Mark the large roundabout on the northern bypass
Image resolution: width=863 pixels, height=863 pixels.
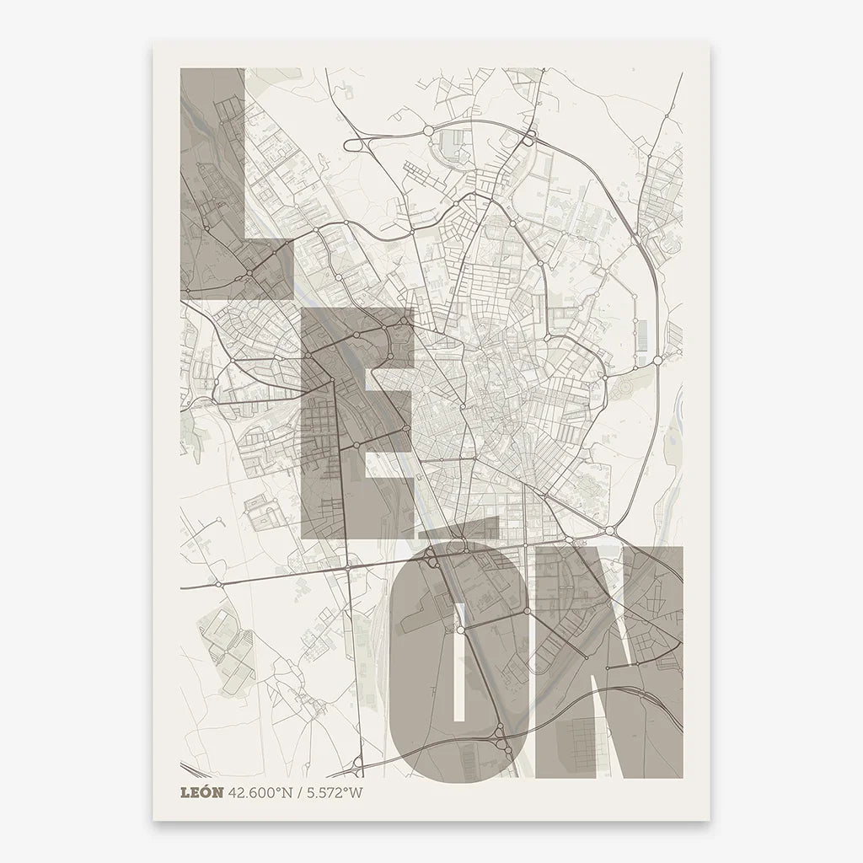(427, 131)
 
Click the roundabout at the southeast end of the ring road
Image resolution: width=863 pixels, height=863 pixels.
(608, 531)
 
